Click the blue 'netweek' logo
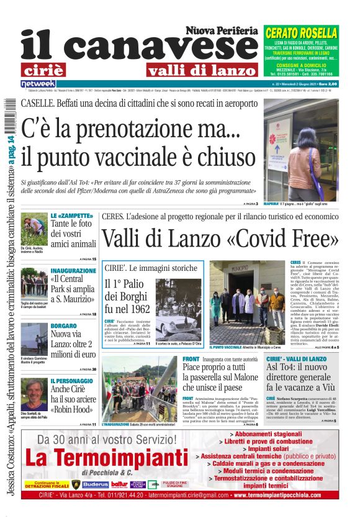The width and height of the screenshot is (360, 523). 38,84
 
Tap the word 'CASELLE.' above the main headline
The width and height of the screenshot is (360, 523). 41,103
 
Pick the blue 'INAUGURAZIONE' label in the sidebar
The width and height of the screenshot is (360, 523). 73,271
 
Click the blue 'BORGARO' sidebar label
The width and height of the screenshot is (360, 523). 64,326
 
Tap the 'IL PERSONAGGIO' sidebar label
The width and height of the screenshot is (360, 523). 73,381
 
